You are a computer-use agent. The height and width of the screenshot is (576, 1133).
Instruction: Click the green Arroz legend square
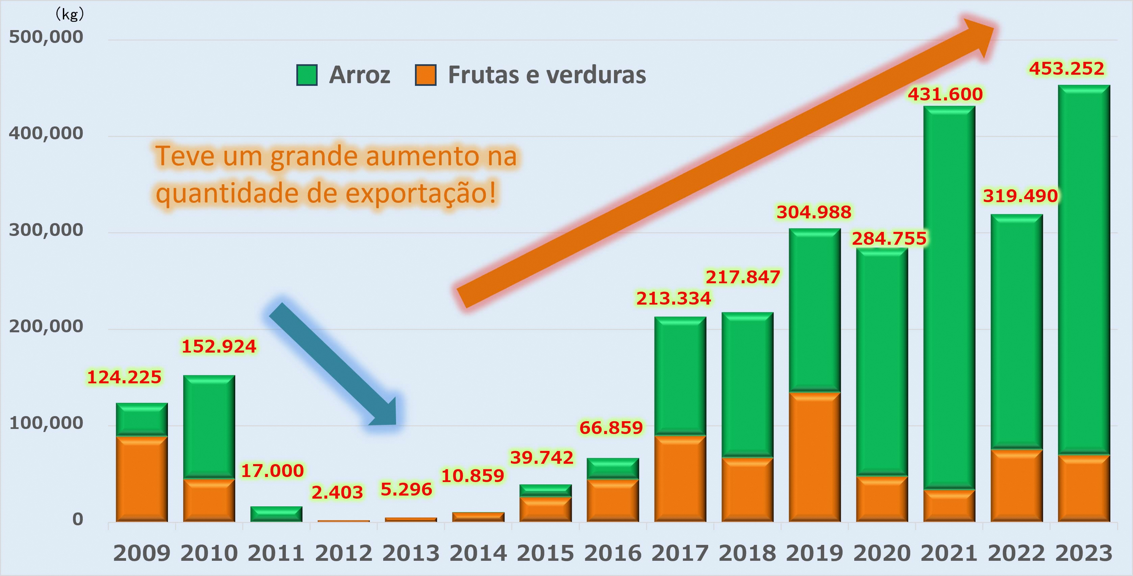[306, 75]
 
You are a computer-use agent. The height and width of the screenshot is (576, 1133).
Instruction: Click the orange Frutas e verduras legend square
[425, 75]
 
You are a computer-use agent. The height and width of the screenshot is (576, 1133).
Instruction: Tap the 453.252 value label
[1066, 69]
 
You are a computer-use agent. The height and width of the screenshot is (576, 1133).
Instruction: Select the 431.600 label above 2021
[945, 94]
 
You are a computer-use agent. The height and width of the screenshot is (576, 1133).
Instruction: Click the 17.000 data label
[272, 471]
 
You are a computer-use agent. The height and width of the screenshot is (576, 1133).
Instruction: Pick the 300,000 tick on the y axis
[46, 230]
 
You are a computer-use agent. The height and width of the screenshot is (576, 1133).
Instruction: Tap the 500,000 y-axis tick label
[46, 37]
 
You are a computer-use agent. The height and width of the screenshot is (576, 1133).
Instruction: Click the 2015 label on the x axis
[545, 553]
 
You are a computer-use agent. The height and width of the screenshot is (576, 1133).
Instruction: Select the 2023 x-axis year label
[1084, 553]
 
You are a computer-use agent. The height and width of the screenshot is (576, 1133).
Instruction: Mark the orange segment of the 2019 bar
[815, 456]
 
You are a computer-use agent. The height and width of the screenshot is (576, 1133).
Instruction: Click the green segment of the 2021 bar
[949, 297]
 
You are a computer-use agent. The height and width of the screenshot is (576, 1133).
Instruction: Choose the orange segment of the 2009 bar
[142, 478]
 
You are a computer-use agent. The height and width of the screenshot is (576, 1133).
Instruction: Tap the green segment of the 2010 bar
[209, 426]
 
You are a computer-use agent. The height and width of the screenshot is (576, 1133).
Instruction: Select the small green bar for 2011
[276, 514]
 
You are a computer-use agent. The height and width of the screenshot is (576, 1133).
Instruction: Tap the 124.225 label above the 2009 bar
[124, 377]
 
